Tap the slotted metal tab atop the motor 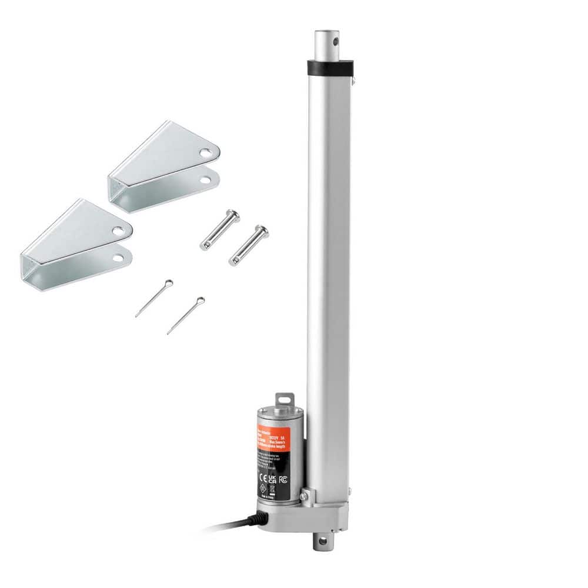285,399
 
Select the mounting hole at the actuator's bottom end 321,539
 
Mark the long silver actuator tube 328,265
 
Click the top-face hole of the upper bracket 204,153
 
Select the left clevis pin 219,230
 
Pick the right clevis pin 248,245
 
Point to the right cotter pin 186,315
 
